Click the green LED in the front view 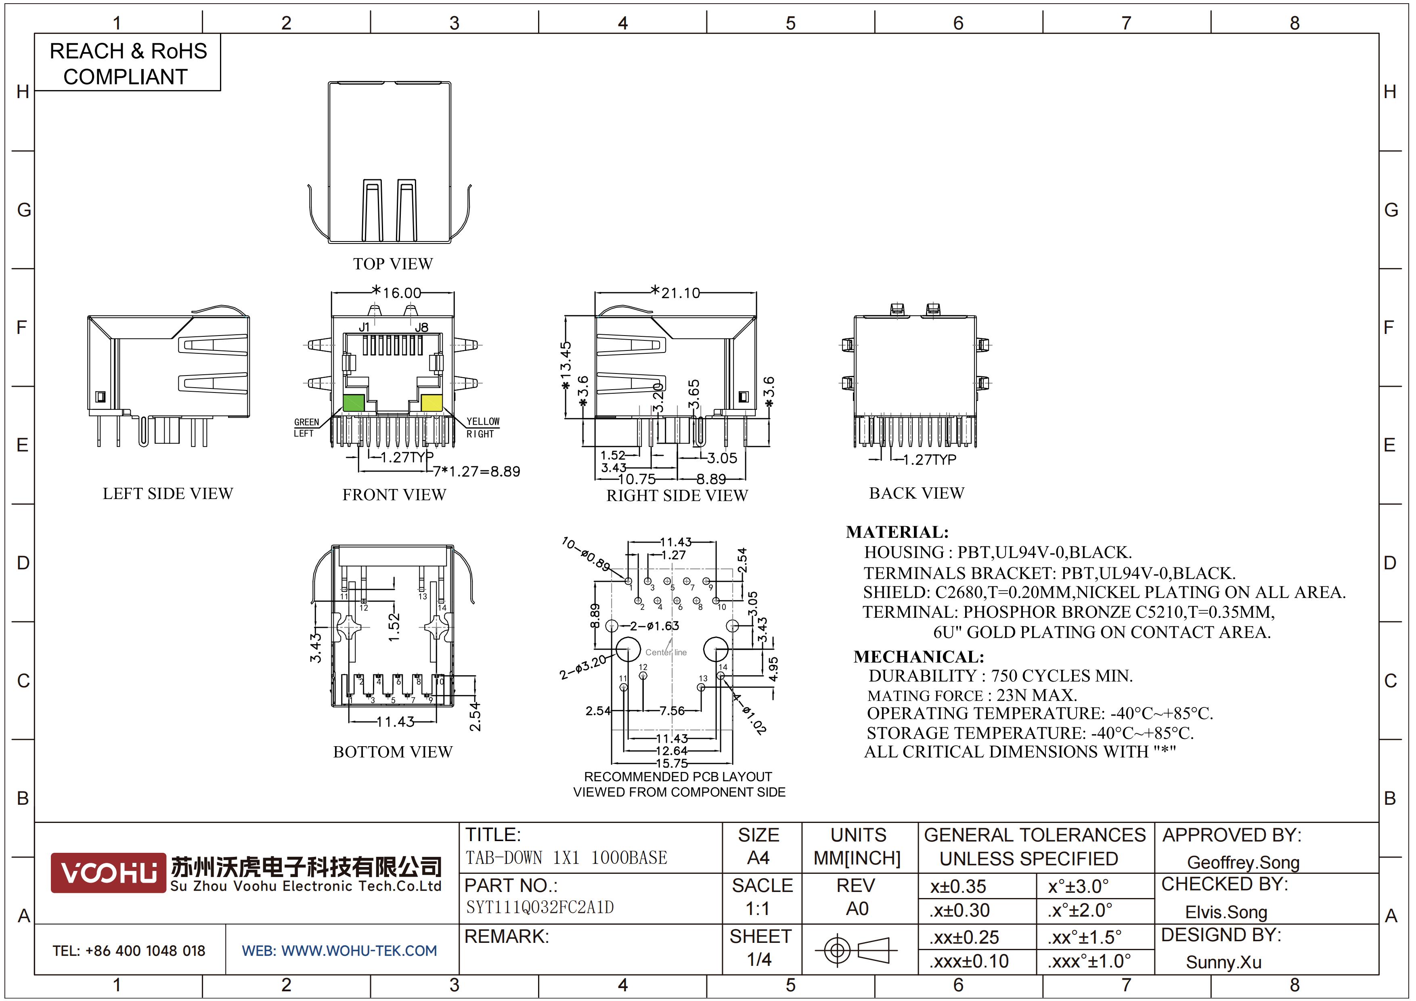pos(353,403)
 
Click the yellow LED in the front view pos(432,403)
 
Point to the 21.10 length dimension pos(680,292)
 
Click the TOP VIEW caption pos(393,264)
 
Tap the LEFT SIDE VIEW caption pos(168,493)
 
